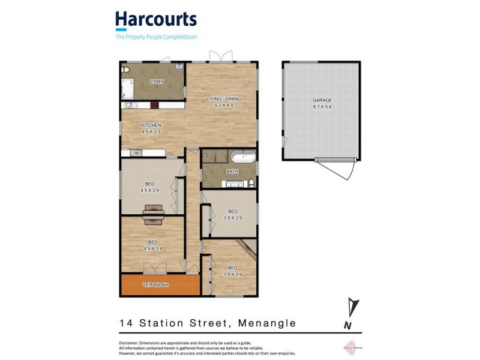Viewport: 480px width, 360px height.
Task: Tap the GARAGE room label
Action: pyautogui.click(x=322, y=100)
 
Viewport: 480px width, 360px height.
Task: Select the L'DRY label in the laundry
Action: pyautogui.click(x=157, y=82)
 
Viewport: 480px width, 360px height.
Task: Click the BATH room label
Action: pyautogui.click(x=232, y=172)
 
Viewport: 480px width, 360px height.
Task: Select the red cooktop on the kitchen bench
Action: pyautogui.click(x=154, y=105)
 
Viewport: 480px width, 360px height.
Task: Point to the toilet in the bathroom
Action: pyautogui.click(x=251, y=182)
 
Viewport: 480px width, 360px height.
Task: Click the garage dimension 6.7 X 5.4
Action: pyautogui.click(x=322, y=107)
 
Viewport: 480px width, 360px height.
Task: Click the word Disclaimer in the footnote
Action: pyautogui.click(x=129, y=343)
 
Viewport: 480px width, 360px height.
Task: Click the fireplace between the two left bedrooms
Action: pyautogui.click(x=152, y=214)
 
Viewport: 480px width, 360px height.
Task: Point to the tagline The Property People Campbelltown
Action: pyautogui.click(x=156, y=37)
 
